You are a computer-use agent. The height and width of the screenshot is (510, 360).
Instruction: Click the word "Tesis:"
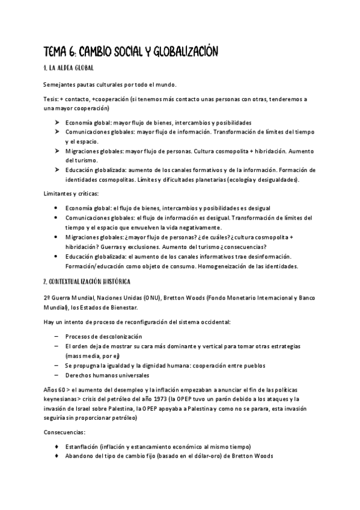(x=52, y=99)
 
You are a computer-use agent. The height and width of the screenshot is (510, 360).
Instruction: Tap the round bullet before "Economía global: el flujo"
(x=56, y=208)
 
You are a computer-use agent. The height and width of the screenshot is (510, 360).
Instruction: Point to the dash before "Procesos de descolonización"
(x=56, y=336)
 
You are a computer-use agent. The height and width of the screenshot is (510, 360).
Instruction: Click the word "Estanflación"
(x=82, y=446)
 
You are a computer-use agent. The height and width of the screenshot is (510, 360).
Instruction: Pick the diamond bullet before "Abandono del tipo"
(x=56, y=455)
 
